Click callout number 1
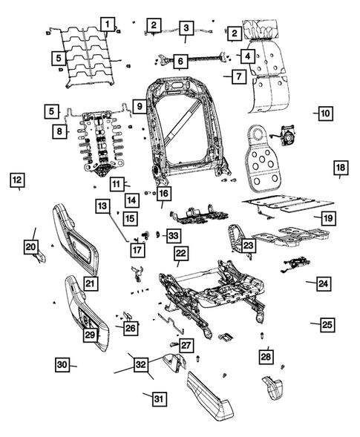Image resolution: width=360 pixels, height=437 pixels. [108, 24]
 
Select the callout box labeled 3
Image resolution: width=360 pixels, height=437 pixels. [185, 28]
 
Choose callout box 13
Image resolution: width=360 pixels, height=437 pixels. [102, 206]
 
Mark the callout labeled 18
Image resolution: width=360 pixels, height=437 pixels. [340, 168]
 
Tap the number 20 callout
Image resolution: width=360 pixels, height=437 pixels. [30, 246]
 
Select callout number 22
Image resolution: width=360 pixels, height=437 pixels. [180, 254]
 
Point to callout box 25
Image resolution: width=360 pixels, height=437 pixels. [327, 325]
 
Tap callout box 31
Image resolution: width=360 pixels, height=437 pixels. [157, 399]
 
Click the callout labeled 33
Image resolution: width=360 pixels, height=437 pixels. [172, 236]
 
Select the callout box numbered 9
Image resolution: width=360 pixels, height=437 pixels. [139, 107]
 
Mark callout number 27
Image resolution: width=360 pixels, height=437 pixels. [186, 346]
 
